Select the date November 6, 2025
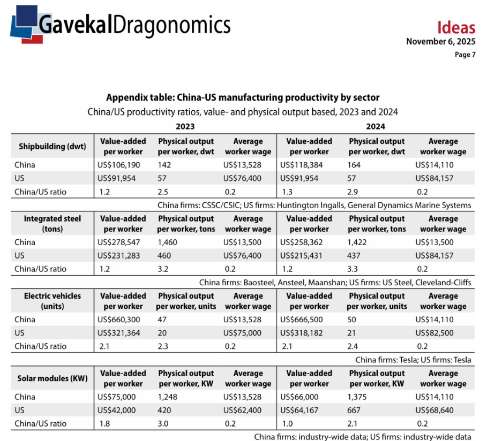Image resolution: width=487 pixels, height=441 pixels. pyautogui.click(x=440, y=42)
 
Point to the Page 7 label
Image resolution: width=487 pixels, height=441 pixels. pyautogui.click(x=465, y=55)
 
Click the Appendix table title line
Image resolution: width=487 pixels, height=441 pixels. pyautogui.click(x=243, y=97)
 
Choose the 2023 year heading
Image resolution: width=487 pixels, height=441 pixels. pyautogui.click(x=185, y=127)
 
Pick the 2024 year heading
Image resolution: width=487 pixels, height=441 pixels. pyautogui.click(x=376, y=127)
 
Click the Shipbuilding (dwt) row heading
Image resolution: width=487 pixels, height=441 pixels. pyautogui.click(x=53, y=147)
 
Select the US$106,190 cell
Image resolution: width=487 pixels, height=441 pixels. pyautogui.click(x=119, y=165)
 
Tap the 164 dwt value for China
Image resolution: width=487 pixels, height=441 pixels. pyautogui.click(x=354, y=165)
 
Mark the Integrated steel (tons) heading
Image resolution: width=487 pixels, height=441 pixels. pyautogui.click(x=53, y=224)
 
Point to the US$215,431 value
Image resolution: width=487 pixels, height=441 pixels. pyautogui.click(x=302, y=255)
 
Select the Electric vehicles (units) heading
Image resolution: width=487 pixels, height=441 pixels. pyautogui.click(x=53, y=301)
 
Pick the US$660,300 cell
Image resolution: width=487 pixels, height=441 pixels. pyautogui.click(x=120, y=320)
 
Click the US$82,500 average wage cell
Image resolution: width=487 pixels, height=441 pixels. pyautogui.click(x=434, y=333)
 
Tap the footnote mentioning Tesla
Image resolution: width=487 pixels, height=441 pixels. pyautogui.click(x=413, y=360)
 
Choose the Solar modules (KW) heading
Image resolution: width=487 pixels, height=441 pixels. pyautogui.click(x=53, y=378)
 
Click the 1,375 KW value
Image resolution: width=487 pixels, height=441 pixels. pyautogui.click(x=359, y=397)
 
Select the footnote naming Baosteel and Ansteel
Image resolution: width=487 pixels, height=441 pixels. pyautogui.click(x=335, y=282)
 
